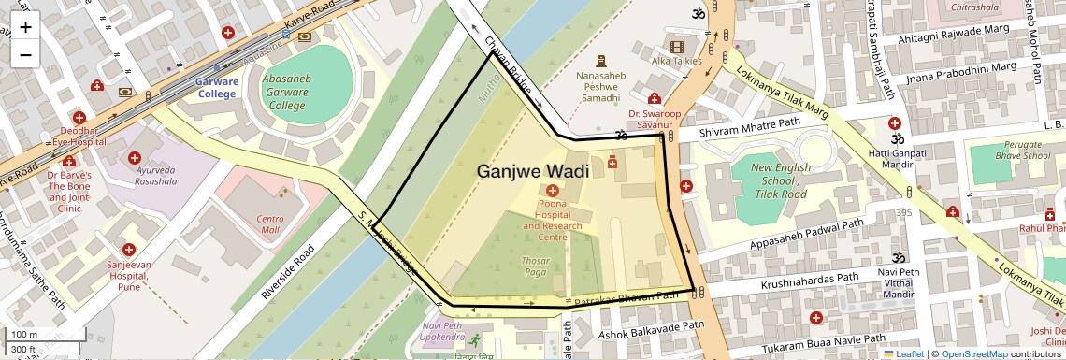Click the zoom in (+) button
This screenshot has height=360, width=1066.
tap(25, 27)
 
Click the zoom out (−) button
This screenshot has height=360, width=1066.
tap(25, 55)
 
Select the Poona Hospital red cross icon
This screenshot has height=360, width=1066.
tap(551, 191)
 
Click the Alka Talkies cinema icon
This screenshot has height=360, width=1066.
tap(676, 46)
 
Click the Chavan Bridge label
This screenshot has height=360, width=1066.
tap(509, 65)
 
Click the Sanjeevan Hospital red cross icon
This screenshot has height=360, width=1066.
tap(128, 250)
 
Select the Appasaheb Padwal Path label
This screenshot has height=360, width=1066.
tap(806, 237)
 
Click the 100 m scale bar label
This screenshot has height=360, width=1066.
tap(24, 335)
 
